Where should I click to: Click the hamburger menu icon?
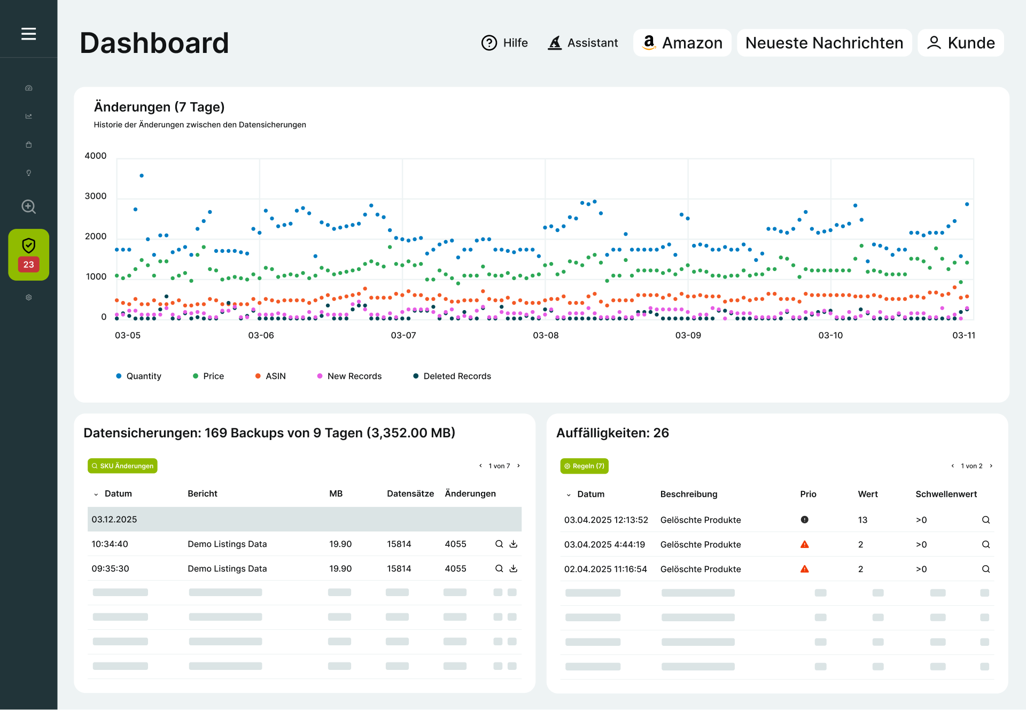coord(28,34)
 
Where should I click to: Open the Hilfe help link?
coord(504,43)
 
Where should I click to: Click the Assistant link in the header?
coord(583,43)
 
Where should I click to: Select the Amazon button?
coord(682,43)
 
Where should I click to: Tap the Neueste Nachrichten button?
coord(824,43)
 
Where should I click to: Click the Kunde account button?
coord(960,43)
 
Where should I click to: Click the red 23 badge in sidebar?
coord(28,264)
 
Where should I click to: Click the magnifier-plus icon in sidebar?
coord(28,206)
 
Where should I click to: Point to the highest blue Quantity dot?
coord(142,175)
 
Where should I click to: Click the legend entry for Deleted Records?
coord(452,376)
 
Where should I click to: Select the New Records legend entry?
coord(349,376)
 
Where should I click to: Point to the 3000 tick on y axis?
coord(96,196)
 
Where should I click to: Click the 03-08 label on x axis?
coord(546,335)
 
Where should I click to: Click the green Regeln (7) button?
coord(584,466)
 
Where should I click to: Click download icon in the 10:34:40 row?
coord(514,544)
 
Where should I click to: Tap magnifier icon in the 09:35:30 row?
coord(499,568)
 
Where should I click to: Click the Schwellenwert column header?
coord(946,494)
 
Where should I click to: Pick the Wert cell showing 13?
coord(862,520)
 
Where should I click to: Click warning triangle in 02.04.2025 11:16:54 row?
coord(804,569)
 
